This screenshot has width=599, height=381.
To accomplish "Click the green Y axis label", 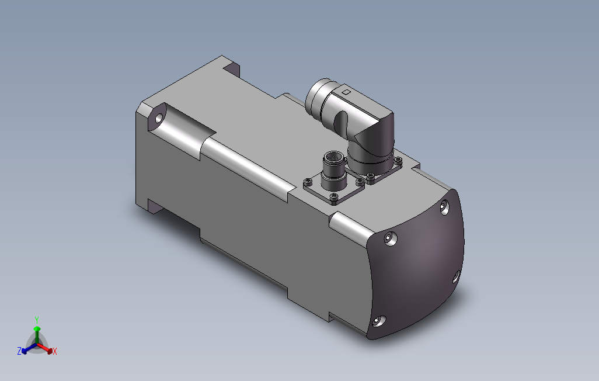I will click(x=36, y=319).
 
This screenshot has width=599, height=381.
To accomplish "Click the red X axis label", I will click(x=54, y=351).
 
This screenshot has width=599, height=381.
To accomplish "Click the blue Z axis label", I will click(x=19, y=351).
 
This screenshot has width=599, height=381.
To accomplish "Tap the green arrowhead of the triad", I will click(x=37, y=330).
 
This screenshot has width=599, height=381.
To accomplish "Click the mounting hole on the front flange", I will click(x=158, y=119).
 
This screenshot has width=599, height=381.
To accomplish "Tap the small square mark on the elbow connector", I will click(x=346, y=92).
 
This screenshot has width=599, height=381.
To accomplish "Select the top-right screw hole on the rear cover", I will click(x=445, y=206).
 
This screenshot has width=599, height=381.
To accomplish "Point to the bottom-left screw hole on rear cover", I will click(x=378, y=321).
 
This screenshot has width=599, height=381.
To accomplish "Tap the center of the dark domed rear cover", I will click(x=419, y=263).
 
